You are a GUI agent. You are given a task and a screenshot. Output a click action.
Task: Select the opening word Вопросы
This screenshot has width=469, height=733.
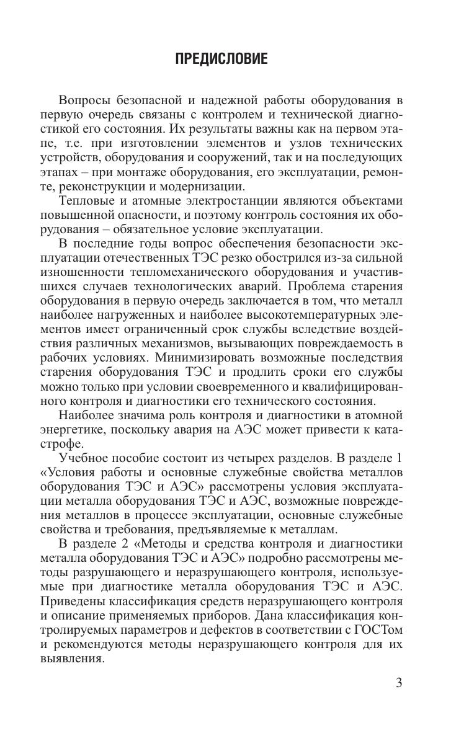pyautogui.click(x=87, y=101)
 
